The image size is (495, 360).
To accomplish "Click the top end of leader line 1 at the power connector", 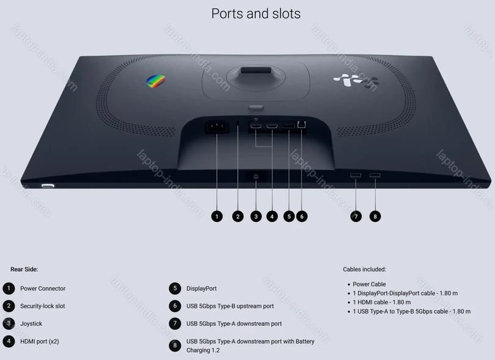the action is click(x=217, y=134).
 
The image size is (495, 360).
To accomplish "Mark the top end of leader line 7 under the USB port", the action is click(x=356, y=178).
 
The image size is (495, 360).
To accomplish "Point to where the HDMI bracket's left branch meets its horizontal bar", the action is click(x=255, y=147).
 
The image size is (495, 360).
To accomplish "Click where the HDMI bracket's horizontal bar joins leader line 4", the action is click(x=272, y=147).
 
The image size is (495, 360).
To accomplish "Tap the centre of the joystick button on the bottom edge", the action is click(x=256, y=177).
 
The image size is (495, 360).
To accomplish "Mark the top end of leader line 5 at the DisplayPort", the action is click(x=289, y=129).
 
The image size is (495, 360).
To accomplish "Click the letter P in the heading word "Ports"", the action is click(x=215, y=14).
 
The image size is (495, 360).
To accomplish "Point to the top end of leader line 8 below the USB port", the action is click(x=375, y=178).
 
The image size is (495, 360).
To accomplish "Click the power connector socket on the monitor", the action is click(x=217, y=127).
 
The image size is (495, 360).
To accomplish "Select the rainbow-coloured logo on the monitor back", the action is click(x=156, y=81).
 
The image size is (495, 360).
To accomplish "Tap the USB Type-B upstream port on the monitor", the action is click(x=301, y=125).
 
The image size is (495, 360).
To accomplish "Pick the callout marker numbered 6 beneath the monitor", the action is click(x=302, y=216).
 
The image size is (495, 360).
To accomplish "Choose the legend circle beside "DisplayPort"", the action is click(x=175, y=288).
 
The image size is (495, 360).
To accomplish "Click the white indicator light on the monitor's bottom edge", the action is click(x=48, y=186).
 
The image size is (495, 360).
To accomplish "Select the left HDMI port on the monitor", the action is click(x=255, y=127).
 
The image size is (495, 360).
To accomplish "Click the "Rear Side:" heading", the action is click(x=24, y=270).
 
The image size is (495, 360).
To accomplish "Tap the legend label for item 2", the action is click(x=43, y=306).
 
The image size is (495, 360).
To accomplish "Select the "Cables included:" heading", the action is click(x=364, y=270).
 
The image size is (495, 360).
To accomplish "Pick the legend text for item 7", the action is click(x=234, y=324).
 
